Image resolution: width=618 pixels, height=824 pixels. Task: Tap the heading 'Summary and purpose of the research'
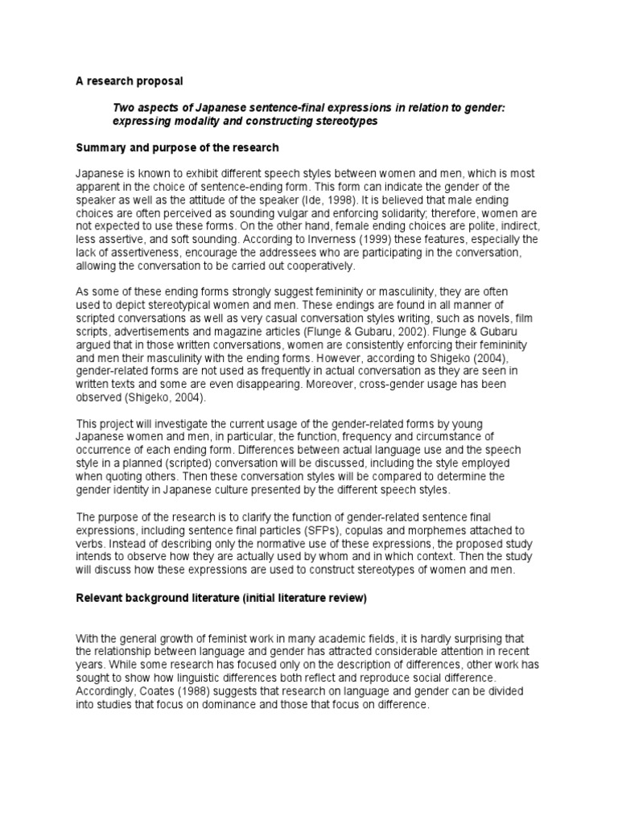click(x=177, y=148)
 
